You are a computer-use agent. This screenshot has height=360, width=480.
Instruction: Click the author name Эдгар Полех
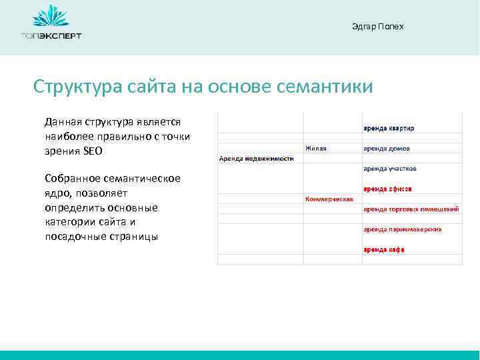[x=377, y=27]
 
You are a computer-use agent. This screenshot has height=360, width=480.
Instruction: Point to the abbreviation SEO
[x=94, y=151]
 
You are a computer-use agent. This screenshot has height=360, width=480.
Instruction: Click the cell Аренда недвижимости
[x=256, y=158]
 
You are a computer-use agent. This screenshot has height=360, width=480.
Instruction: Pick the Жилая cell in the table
[x=316, y=148]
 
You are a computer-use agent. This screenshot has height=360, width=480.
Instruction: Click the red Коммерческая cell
[x=329, y=199]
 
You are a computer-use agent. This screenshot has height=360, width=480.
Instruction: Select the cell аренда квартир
[x=389, y=128]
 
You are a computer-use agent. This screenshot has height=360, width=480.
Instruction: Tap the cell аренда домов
[x=387, y=148]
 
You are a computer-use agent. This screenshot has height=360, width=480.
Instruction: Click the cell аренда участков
[x=390, y=169]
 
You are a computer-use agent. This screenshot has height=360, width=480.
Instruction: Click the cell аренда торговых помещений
[x=411, y=209]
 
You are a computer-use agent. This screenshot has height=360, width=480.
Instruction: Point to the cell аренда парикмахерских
[x=402, y=229]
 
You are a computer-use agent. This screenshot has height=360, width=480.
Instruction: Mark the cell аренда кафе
[x=384, y=249]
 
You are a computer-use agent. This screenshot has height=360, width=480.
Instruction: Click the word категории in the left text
[x=69, y=221]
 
